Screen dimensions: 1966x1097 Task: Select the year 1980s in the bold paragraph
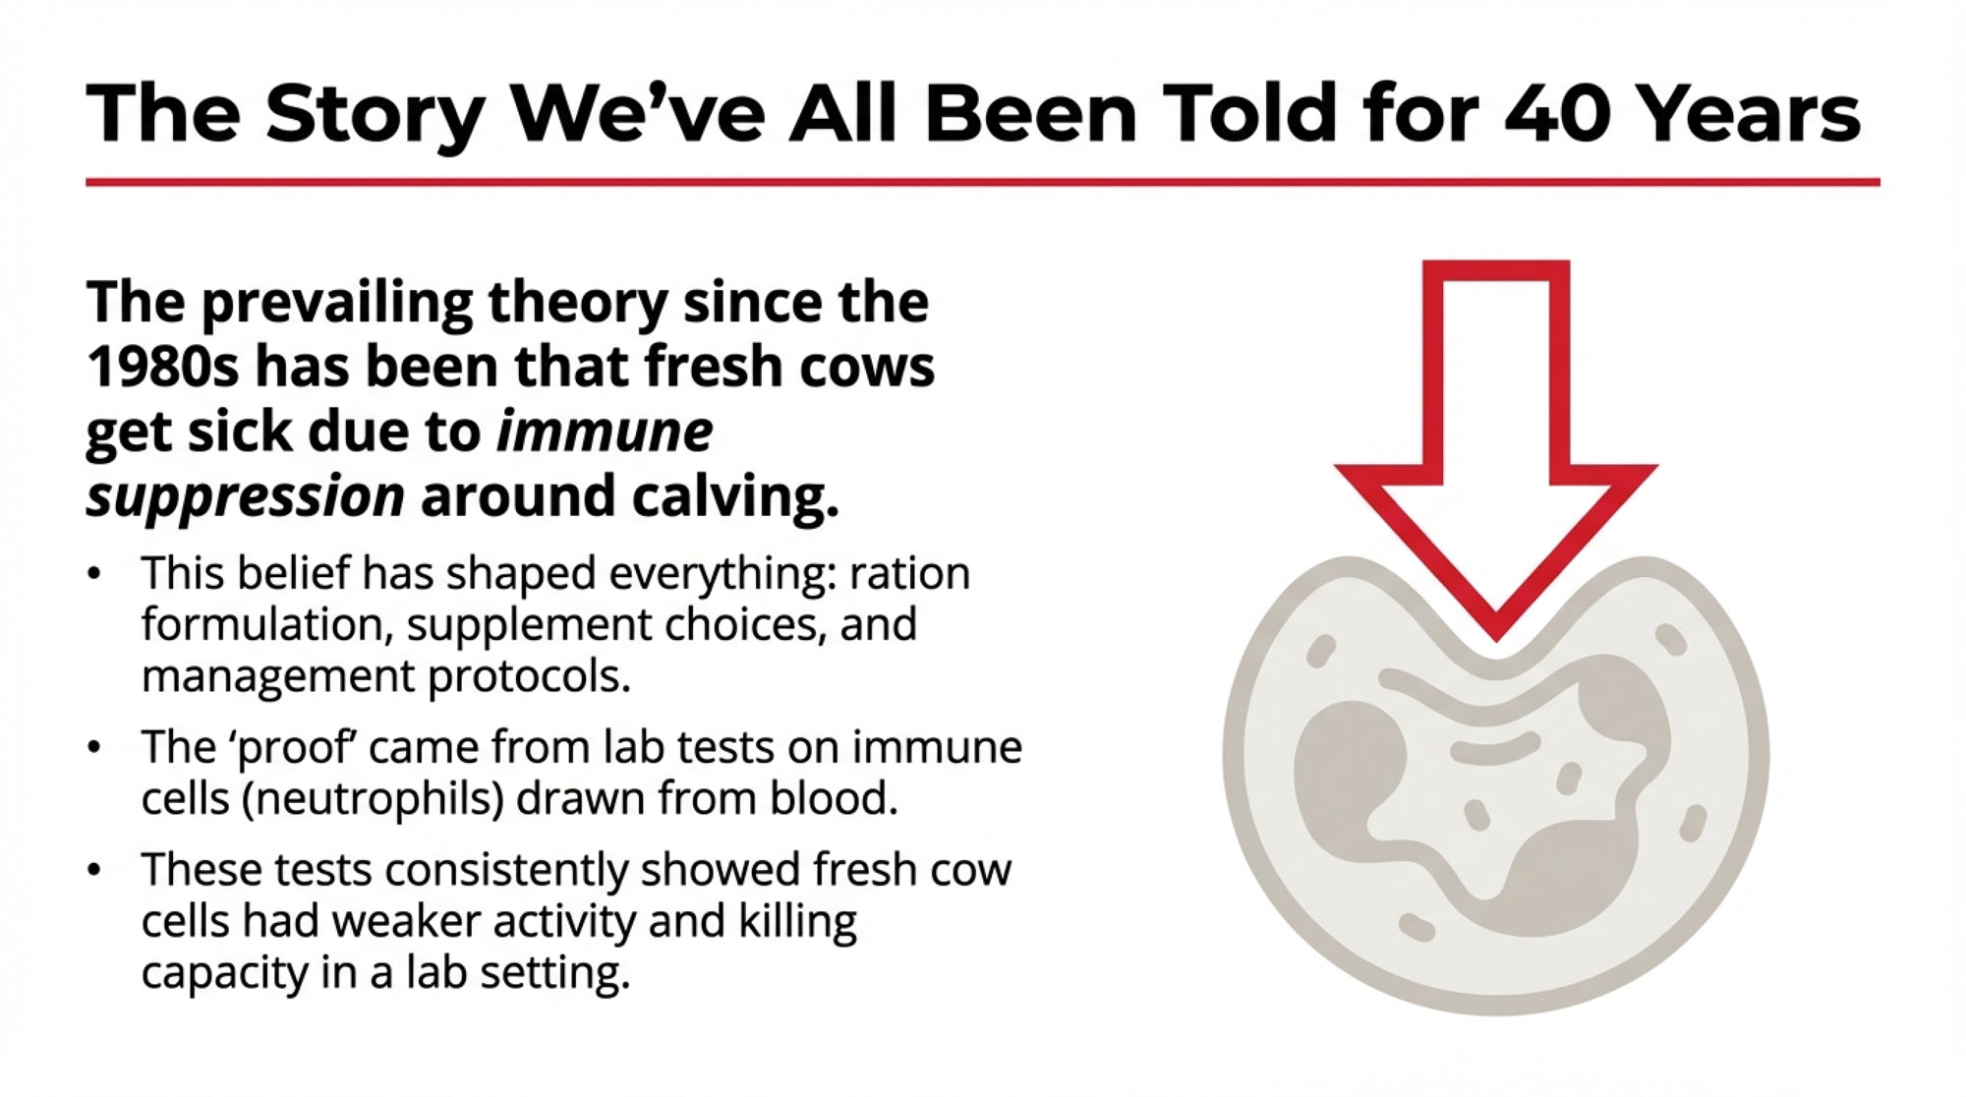[162, 367]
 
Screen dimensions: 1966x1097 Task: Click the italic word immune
[605, 432]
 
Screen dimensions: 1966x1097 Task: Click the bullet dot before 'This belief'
[94, 574]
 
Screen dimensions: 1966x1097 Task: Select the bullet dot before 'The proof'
[94, 748]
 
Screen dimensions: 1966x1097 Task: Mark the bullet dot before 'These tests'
[94, 871]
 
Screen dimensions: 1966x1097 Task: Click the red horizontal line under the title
[983, 182]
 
